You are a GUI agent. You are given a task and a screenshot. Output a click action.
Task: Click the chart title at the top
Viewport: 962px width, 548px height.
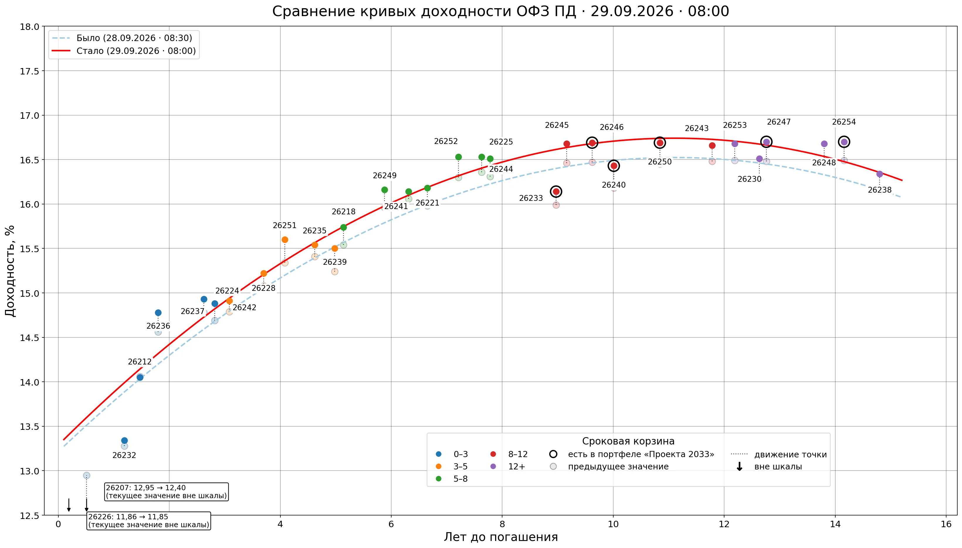click(501, 11)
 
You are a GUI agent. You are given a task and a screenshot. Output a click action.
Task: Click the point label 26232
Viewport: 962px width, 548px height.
click(124, 455)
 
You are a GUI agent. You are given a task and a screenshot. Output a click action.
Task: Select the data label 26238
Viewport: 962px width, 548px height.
click(880, 190)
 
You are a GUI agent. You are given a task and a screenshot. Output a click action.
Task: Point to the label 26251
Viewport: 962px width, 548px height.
click(284, 225)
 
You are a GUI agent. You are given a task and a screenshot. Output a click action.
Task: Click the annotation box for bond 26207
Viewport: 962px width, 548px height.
click(166, 491)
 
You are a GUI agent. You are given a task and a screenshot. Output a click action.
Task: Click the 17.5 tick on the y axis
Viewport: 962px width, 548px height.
click(29, 71)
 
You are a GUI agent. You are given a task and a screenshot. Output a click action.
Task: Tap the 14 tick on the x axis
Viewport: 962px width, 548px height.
click(835, 525)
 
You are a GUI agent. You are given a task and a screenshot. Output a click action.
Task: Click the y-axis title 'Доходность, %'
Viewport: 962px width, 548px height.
click(10, 271)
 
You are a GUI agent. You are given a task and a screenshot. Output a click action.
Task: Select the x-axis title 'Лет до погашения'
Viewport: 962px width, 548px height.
click(501, 537)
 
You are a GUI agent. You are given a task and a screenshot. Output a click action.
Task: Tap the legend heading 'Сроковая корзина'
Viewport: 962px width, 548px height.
click(628, 441)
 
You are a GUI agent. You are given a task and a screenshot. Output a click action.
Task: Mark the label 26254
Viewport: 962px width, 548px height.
click(844, 122)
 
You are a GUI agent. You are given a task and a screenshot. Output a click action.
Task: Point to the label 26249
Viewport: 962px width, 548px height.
click(385, 176)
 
